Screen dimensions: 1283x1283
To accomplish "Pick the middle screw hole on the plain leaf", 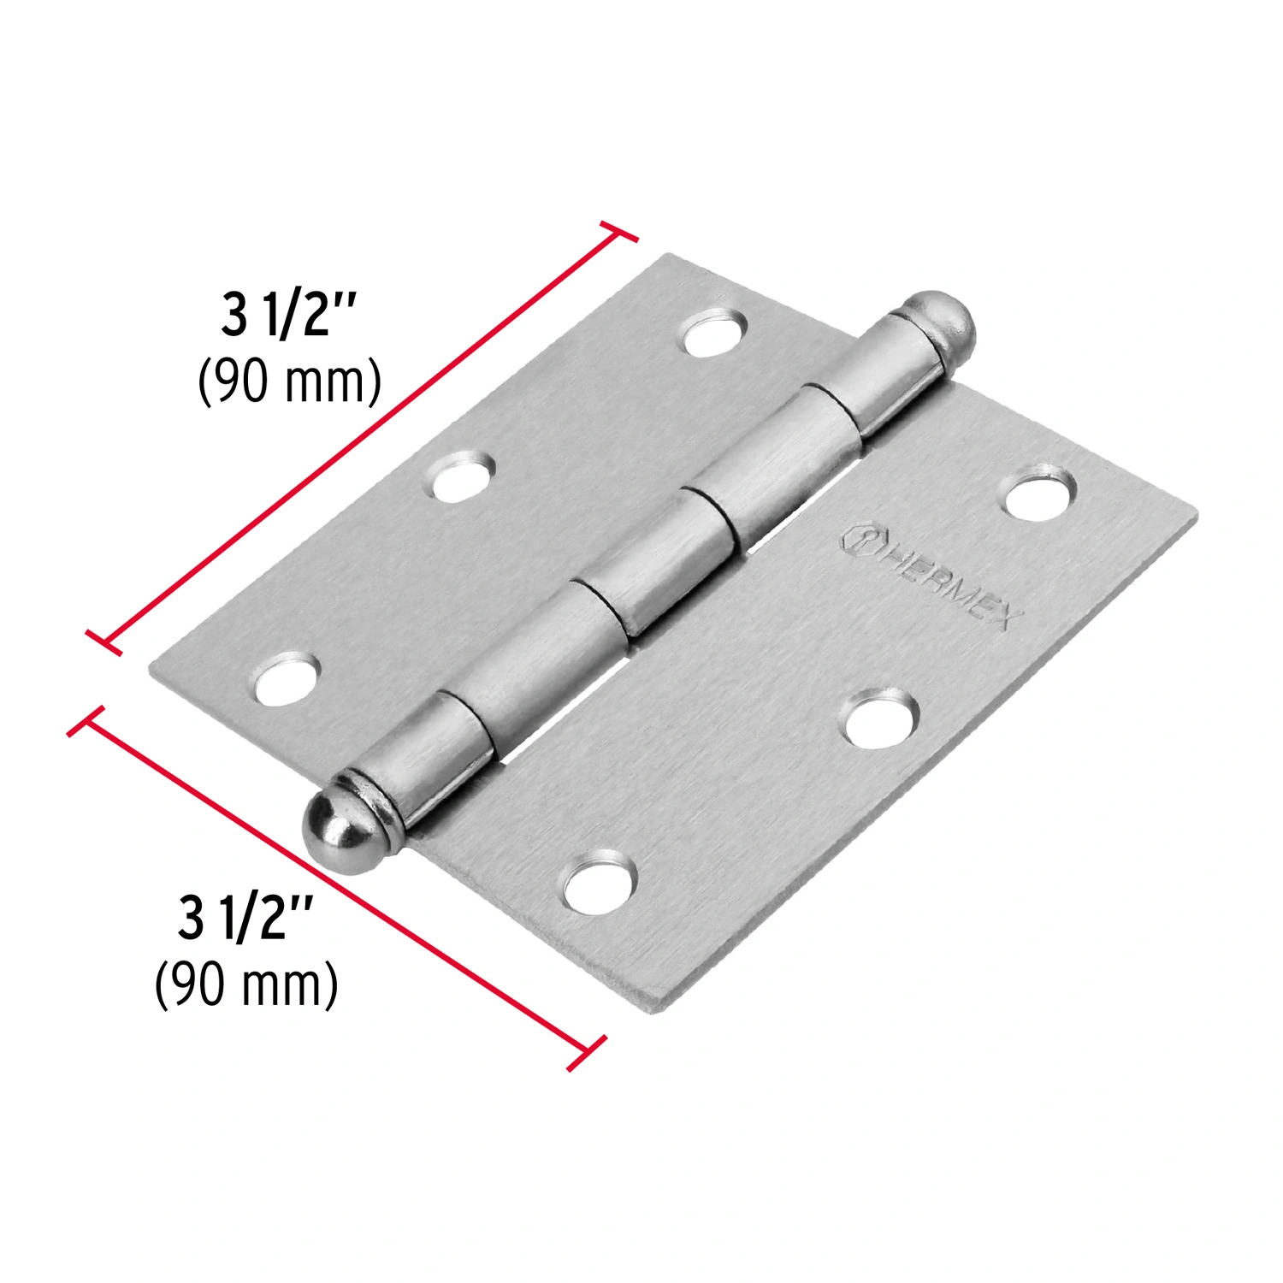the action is pos(463,476).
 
